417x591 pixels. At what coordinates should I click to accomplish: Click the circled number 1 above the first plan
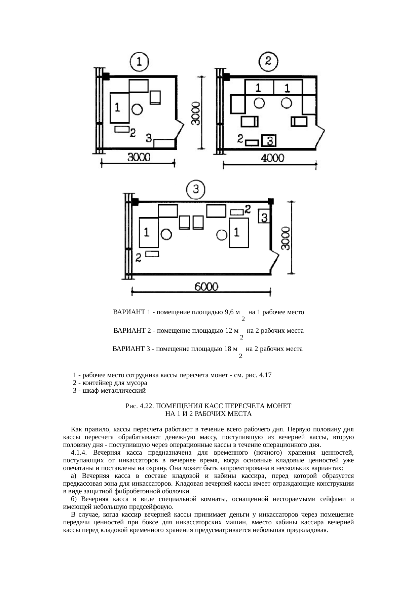click(139, 62)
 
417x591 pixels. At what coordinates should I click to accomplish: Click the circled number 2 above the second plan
click(268, 61)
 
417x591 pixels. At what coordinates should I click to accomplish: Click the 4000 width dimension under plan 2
click(273, 158)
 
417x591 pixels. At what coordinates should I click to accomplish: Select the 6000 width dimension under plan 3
click(206, 287)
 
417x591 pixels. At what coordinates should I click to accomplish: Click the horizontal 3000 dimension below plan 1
click(139, 157)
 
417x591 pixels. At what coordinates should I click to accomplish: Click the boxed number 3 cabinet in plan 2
click(269, 141)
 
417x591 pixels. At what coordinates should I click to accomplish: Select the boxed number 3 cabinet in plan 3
click(264, 216)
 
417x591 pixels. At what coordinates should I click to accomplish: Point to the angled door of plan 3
click(275, 260)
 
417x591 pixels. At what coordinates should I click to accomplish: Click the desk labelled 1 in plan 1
click(119, 108)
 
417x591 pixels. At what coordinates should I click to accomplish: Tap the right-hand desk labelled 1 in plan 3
click(239, 232)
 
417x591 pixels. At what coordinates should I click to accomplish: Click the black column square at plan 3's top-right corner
click(270, 201)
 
